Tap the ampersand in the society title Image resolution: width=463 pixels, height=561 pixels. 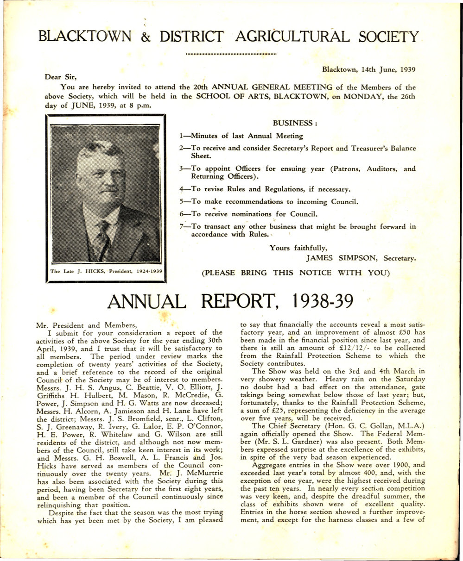pyautogui.click(x=146, y=37)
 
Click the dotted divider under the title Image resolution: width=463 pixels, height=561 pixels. pyautogui.click(x=231, y=54)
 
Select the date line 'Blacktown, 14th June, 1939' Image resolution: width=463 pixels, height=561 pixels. pyautogui.click(x=368, y=69)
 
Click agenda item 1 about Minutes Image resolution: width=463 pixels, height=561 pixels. pyautogui.click(x=241, y=136)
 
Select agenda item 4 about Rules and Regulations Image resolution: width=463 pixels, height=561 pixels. pyautogui.click(x=265, y=189)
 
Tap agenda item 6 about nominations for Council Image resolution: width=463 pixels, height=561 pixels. pyautogui.click(x=248, y=214)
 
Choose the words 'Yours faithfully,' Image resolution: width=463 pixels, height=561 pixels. pyautogui.click(x=299, y=248)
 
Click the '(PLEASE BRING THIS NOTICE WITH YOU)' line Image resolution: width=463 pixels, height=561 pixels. pyautogui.click(x=294, y=273)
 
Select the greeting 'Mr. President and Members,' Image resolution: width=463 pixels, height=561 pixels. pyautogui.click(x=86, y=324)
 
